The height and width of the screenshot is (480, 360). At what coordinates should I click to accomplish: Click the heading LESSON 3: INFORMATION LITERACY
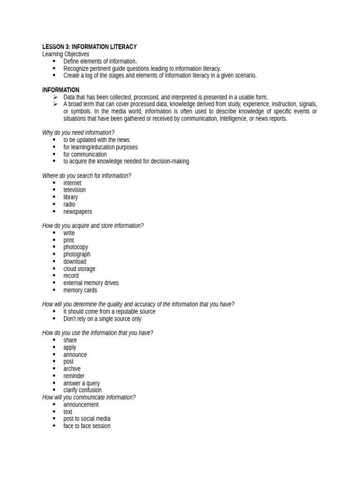click(x=90, y=47)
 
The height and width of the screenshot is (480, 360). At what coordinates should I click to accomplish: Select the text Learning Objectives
click(x=66, y=54)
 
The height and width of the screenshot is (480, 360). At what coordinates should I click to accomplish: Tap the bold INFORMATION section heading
click(x=61, y=90)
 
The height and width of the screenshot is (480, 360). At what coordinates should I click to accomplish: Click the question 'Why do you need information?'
click(x=78, y=133)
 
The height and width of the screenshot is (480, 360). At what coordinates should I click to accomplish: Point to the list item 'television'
click(x=75, y=190)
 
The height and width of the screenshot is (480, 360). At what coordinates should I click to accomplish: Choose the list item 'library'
click(x=71, y=197)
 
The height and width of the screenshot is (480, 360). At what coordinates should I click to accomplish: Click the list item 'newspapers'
click(x=78, y=211)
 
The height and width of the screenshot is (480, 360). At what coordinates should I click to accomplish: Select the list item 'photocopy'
click(x=76, y=247)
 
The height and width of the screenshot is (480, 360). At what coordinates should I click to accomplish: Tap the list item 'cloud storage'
click(x=79, y=269)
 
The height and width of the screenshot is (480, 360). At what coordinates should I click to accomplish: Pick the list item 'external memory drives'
click(x=91, y=283)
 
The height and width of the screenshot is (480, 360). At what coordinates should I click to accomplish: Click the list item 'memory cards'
click(x=80, y=290)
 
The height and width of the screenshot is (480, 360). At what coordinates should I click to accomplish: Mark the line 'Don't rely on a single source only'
click(x=102, y=319)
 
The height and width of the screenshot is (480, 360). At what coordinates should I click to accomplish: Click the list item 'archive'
click(x=72, y=369)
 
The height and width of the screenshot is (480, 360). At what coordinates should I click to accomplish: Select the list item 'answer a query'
click(x=82, y=383)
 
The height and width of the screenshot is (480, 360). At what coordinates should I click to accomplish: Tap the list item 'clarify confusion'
click(x=82, y=390)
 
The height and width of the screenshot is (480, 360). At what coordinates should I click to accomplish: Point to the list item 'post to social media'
click(x=87, y=419)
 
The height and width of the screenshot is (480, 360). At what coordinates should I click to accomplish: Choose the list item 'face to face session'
click(x=87, y=426)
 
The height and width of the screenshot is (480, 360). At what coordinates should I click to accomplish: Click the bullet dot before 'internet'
click(x=54, y=183)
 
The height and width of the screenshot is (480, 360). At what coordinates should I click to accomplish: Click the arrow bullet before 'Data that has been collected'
click(x=54, y=97)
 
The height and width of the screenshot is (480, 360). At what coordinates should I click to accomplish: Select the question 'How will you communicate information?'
click(x=89, y=397)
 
